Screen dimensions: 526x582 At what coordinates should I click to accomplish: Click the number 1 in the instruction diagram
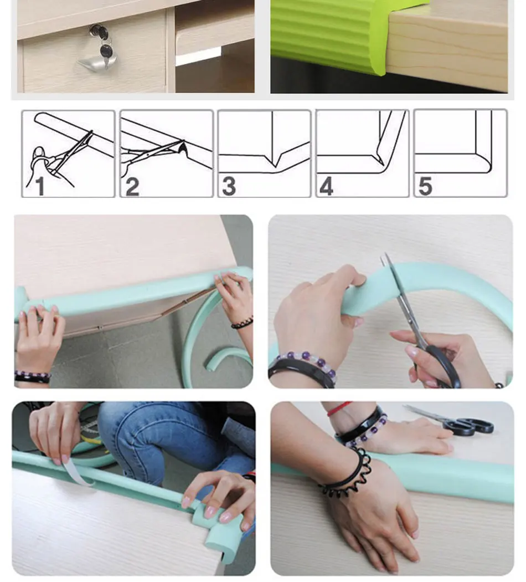[x=40, y=186]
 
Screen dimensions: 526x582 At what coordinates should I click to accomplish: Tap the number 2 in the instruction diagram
[x=132, y=186]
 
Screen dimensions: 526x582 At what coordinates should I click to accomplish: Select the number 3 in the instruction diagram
[x=229, y=186]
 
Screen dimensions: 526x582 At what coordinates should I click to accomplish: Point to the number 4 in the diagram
[x=326, y=186]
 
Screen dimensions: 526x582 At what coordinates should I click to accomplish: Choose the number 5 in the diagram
[x=425, y=186]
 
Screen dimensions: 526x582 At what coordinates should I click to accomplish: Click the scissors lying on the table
[x=450, y=420]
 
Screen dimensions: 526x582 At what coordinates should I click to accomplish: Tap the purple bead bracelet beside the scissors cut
[x=308, y=362]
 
